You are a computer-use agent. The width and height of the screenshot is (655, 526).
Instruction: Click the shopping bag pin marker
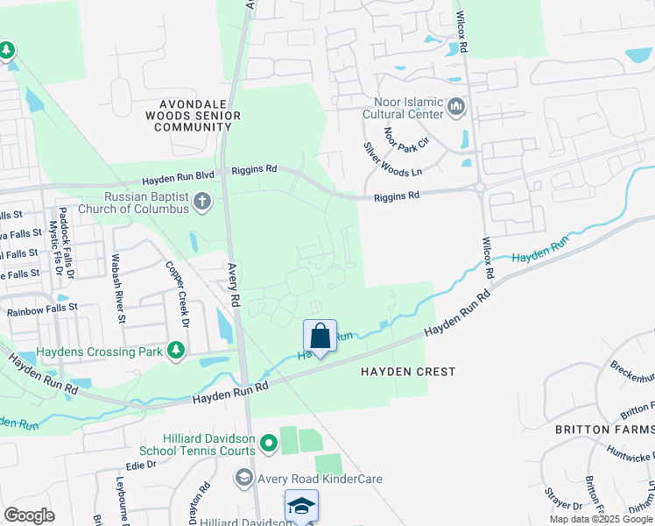pyautogui.click(x=320, y=337)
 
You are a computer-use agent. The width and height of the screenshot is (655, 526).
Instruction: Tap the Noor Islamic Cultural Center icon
pyautogui.click(x=455, y=107)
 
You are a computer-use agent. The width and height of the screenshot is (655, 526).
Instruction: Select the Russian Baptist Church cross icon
pyautogui.click(x=202, y=203)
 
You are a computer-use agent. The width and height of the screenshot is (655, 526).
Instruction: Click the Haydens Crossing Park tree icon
pyautogui.click(x=177, y=352)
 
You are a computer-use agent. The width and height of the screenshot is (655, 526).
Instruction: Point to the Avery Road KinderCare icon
pyautogui.click(x=243, y=479)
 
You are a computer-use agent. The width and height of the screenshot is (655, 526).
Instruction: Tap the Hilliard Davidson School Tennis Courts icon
pyautogui.click(x=270, y=438)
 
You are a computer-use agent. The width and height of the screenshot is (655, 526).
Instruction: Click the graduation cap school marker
pyautogui.click(x=301, y=506)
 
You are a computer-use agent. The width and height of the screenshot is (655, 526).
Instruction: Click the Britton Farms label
pyautogui.click(x=604, y=430)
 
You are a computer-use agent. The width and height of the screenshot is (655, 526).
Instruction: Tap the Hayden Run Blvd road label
pyautogui.click(x=188, y=171)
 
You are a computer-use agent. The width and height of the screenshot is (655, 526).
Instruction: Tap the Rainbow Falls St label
pyautogui.click(x=42, y=309)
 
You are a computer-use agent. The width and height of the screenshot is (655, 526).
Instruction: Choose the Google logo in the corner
pyautogui.click(x=29, y=515)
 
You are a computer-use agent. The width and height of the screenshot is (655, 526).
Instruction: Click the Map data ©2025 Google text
pyautogui.click(x=601, y=519)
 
